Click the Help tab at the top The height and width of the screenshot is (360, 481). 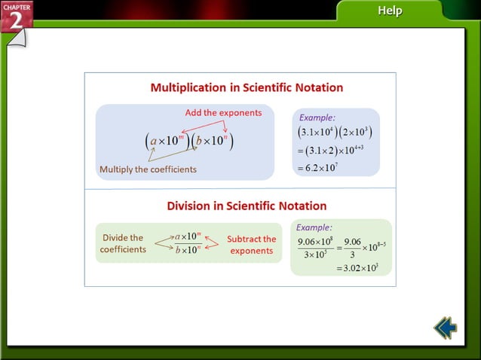pyautogui.click(x=389, y=11)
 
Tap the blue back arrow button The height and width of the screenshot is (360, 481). pyautogui.click(x=445, y=328)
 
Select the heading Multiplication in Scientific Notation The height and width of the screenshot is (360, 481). pyautogui.click(x=247, y=87)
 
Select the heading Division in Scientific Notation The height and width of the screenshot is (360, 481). pyautogui.click(x=247, y=206)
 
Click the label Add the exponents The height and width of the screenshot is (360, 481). pyautogui.click(x=223, y=113)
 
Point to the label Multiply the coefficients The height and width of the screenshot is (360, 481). pyautogui.click(x=148, y=169)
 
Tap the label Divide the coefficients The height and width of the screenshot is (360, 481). pyautogui.click(x=123, y=243)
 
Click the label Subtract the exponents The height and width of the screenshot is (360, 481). pyautogui.click(x=251, y=245)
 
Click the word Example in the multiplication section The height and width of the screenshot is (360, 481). pyautogui.click(x=317, y=117)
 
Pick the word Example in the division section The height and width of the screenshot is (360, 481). pyautogui.click(x=314, y=227)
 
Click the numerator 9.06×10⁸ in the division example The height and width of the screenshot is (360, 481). pyautogui.click(x=316, y=241)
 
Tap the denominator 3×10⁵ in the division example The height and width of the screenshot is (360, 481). pyautogui.click(x=316, y=255)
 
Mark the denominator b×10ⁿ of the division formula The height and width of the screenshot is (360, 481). pyautogui.click(x=188, y=250)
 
